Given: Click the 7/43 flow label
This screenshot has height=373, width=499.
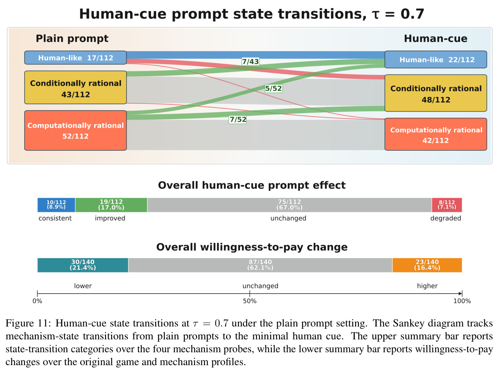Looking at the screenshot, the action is pyautogui.click(x=250, y=61).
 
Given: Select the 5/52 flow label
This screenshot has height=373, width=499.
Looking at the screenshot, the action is pyautogui.click(x=273, y=88).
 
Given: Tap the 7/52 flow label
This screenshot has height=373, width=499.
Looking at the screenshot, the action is pyautogui.click(x=238, y=120).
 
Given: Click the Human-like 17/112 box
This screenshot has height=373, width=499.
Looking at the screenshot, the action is pyautogui.click(x=76, y=58).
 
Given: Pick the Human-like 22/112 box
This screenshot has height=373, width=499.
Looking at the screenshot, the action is pyautogui.click(x=436, y=59).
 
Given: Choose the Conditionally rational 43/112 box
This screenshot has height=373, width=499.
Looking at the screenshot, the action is pyautogui.click(x=76, y=87).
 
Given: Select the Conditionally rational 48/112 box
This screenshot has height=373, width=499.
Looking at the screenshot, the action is pyautogui.click(x=436, y=93).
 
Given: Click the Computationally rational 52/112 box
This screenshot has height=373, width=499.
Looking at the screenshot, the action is pyautogui.click(x=76, y=130).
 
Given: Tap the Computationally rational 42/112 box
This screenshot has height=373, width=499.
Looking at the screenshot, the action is pyautogui.click(x=436, y=134).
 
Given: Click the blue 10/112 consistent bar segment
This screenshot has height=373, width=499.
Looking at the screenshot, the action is pyautogui.click(x=56, y=205).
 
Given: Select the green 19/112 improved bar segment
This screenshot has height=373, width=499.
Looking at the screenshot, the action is pyautogui.click(x=111, y=205).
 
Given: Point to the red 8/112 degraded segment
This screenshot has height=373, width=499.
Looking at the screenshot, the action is pyautogui.click(x=447, y=205).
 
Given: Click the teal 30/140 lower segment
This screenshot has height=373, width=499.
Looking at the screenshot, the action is pyautogui.click(x=83, y=265).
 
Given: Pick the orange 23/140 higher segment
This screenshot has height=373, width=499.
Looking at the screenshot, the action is pyautogui.click(x=427, y=265).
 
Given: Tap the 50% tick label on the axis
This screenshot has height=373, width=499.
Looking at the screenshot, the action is pyautogui.click(x=250, y=301).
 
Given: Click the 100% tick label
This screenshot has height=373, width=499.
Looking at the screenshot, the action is pyautogui.click(x=462, y=301).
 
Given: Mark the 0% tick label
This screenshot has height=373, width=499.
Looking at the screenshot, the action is pyautogui.click(x=37, y=301).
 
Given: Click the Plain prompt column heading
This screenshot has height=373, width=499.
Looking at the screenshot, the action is pyautogui.click(x=72, y=38).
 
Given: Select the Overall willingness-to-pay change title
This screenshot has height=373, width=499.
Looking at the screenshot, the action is pyautogui.click(x=252, y=247).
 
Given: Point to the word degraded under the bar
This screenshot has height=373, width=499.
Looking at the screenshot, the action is pyautogui.click(x=446, y=218).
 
